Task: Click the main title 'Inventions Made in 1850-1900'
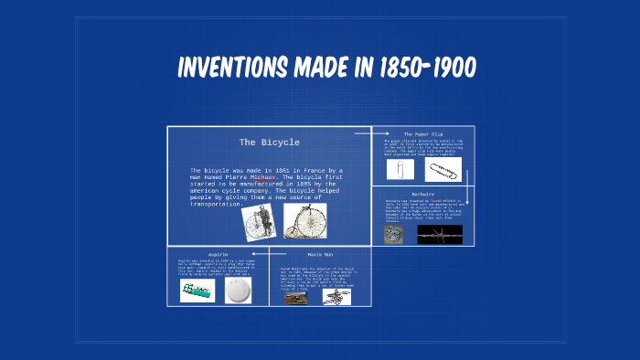325,69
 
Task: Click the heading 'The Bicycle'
269,143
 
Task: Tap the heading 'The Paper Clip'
422,133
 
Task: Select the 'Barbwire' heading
422,194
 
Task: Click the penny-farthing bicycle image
305,220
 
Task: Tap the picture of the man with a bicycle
260,220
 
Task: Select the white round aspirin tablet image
237,290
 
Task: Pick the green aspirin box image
197,290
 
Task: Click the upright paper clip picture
400,170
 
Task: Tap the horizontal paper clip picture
443,170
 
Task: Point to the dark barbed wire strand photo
440,234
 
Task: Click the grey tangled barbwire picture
394,234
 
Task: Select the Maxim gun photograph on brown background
294,298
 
